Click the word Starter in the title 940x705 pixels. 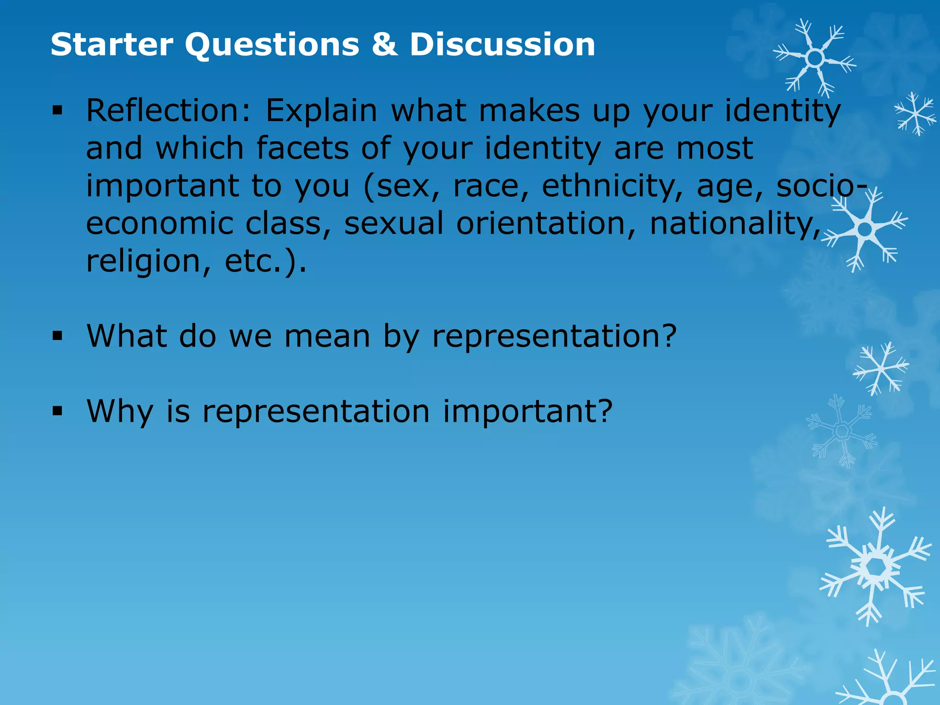pyautogui.click(x=112, y=45)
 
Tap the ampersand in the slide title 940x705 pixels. pyautogui.click(x=385, y=45)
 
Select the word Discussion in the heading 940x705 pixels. pyautogui.click(x=503, y=45)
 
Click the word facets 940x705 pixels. pyautogui.click(x=302, y=148)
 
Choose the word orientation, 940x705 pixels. pyautogui.click(x=546, y=224)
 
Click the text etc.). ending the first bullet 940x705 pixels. pyautogui.click(x=265, y=261)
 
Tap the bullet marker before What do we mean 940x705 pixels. pyautogui.click(x=57, y=336)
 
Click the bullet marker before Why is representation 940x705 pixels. pyautogui.click(x=57, y=411)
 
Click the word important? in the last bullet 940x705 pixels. pyautogui.click(x=528, y=411)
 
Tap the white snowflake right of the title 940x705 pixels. pyautogui.click(x=815, y=58)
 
